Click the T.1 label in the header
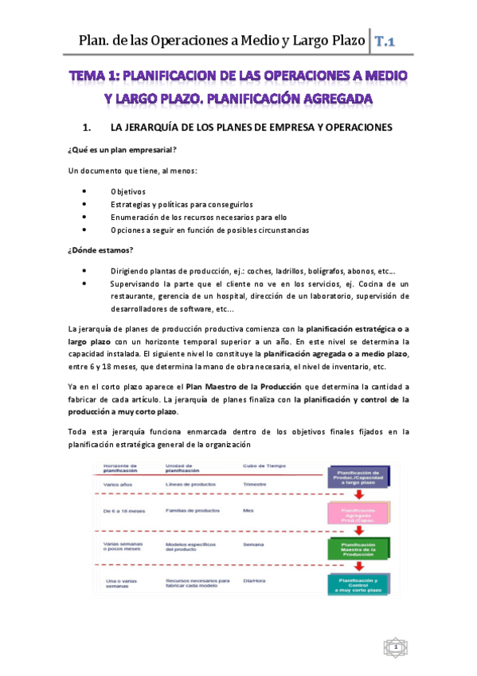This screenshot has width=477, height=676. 387,41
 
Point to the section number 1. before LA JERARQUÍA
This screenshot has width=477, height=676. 88,128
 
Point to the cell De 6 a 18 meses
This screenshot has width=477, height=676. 123,509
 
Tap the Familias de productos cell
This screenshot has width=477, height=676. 194,509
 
